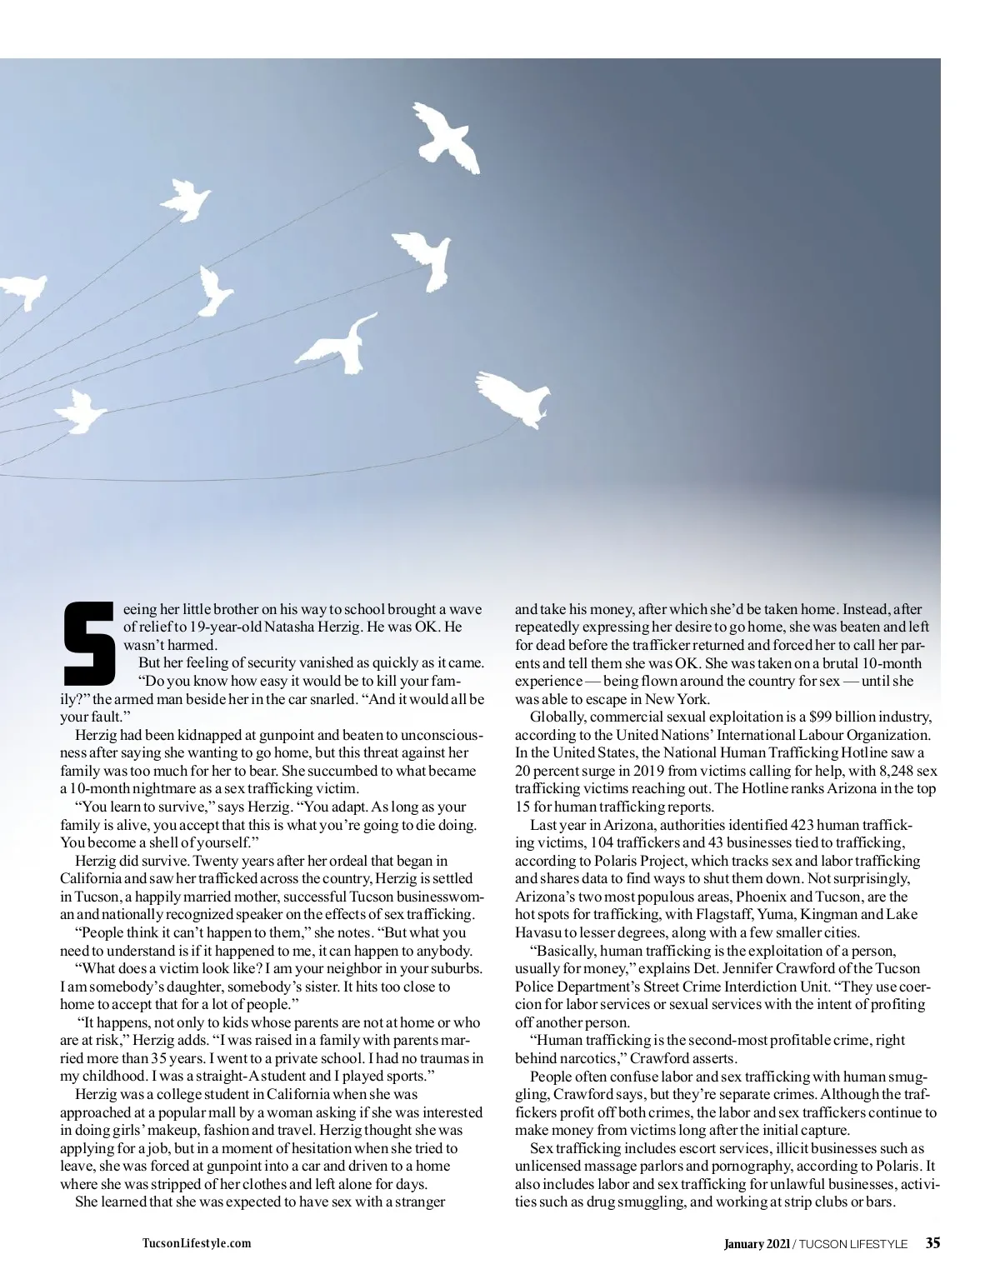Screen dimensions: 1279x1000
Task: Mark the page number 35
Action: point(932,1244)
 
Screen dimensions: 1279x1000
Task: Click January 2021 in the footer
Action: point(756,1245)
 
